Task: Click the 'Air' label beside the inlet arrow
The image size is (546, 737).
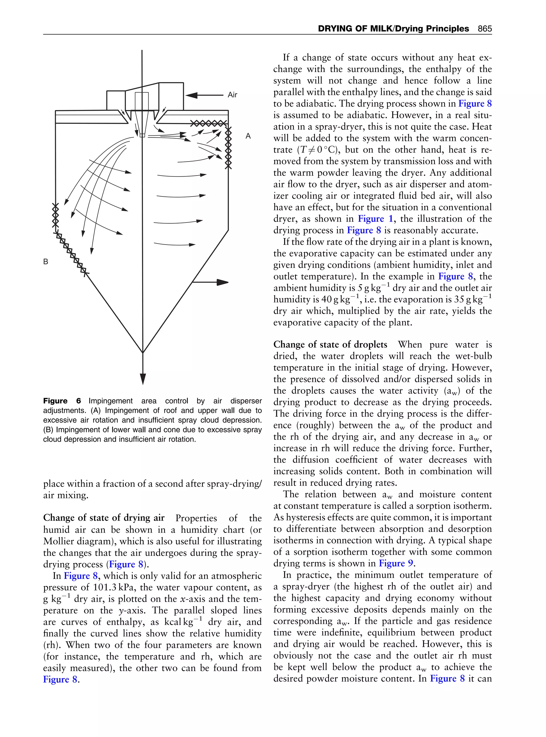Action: point(232,95)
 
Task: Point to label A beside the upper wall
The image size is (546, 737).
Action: point(248,136)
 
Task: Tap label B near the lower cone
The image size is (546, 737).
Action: point(46,261)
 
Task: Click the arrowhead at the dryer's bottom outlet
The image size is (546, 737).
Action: point(143,379)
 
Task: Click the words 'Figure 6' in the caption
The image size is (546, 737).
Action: point(62,401)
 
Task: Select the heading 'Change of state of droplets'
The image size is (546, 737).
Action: point(330,345)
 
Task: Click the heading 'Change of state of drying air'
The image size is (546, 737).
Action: point(104,517)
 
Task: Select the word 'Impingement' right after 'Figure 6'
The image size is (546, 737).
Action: point(110,401)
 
